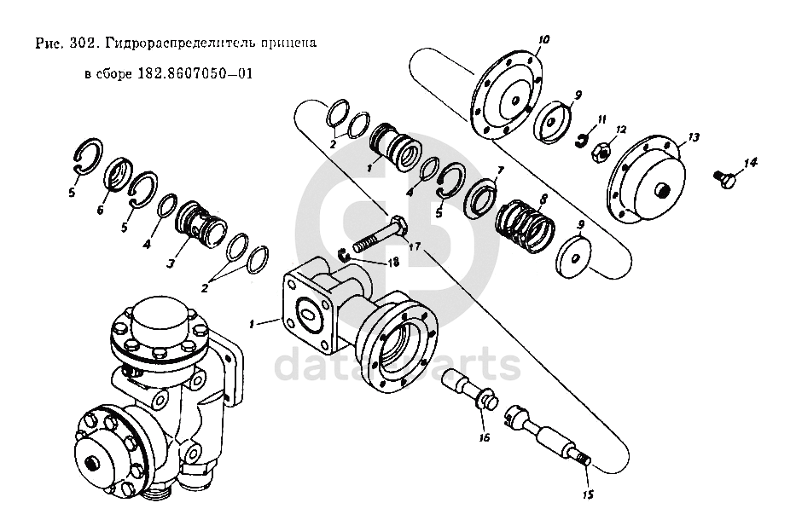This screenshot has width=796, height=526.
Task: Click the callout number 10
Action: point(544,39)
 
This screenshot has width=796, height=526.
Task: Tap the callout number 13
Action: point(693,136)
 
